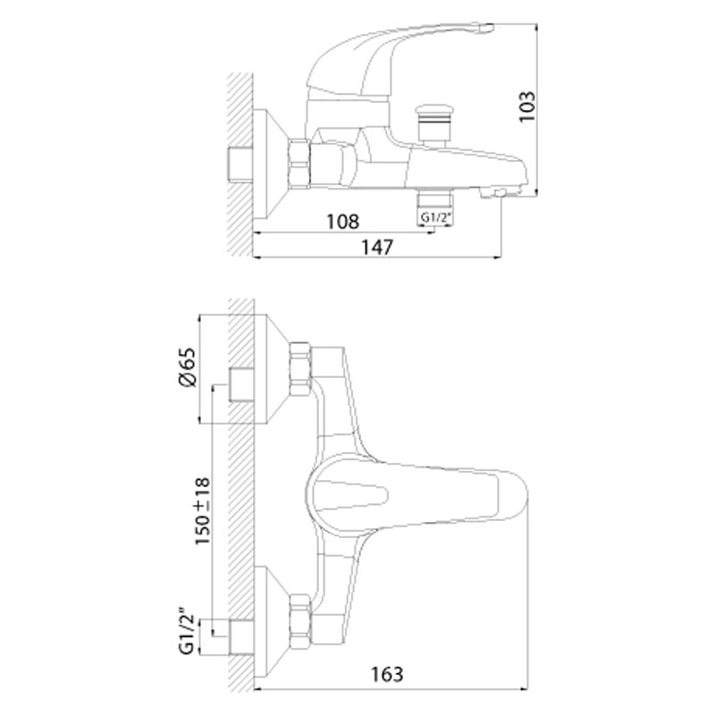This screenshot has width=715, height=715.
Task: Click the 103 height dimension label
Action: [x=527, y=107]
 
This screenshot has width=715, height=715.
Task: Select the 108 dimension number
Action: [x=343, y=222]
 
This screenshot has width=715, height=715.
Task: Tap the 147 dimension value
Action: [x=377, y=248]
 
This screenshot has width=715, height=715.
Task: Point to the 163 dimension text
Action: [x=387, y=675]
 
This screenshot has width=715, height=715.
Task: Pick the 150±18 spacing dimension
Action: [x=203, y=510]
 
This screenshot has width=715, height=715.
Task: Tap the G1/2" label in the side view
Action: [x=435, y=217]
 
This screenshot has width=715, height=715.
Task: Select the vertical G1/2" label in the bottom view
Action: [x=187, y=635]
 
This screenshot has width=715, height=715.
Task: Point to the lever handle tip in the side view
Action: [x=485, y=28]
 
